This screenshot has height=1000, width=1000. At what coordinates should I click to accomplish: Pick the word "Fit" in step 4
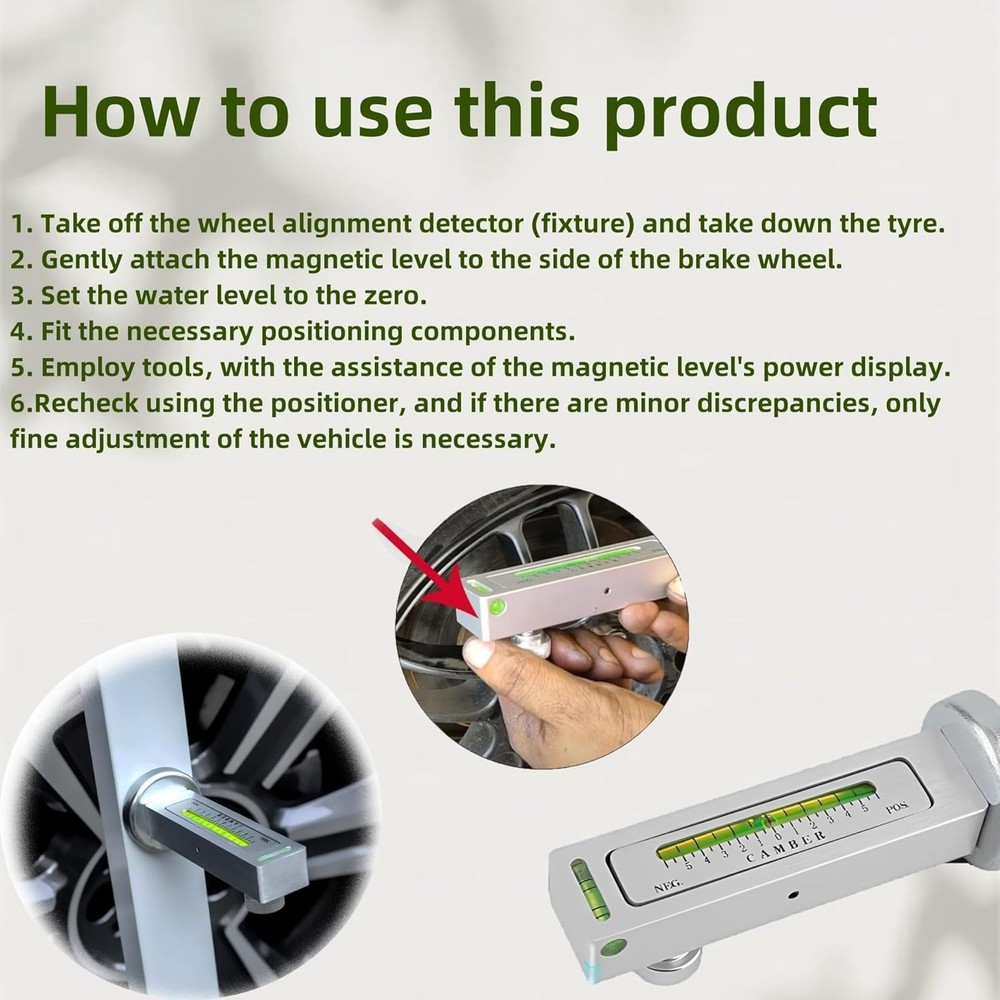(x=60, y=331)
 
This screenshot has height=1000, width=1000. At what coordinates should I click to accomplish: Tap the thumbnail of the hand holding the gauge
(x=545, y=625)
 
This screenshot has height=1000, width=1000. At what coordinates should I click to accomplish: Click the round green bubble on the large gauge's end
(x=613, y=947)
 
